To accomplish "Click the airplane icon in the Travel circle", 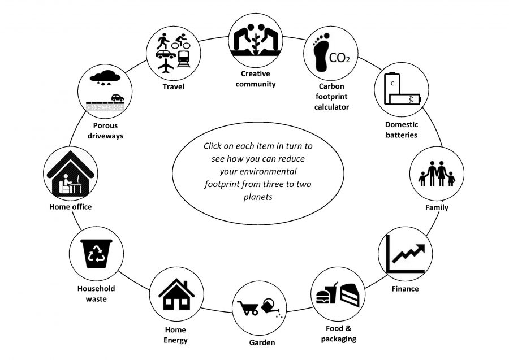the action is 166,66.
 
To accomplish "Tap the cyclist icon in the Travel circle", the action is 180,41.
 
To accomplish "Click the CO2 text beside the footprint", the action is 339,58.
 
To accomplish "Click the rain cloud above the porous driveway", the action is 105,78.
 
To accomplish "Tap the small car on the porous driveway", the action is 118,98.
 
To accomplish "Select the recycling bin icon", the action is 96,254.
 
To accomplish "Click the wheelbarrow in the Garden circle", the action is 248,308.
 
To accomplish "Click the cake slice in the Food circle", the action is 350,295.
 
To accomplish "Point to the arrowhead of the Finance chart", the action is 420,249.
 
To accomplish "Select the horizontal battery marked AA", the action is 405,99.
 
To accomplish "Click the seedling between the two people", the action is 256,44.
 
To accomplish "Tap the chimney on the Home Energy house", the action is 186,285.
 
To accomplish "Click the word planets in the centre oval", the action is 258,197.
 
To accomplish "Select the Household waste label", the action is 96,293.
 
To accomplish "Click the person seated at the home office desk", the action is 66,184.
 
